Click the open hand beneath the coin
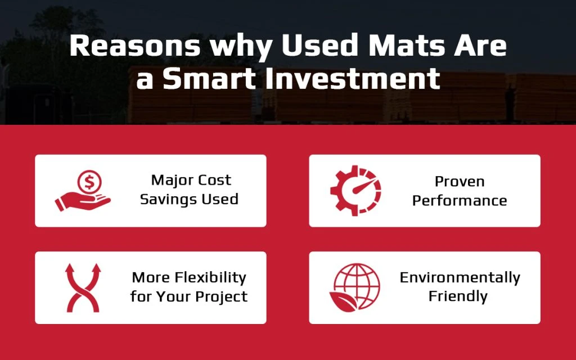(83, 202)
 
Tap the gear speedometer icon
(355, 191)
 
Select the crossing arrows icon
(83, 287)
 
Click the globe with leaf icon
(355, 287)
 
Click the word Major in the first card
(169, 181)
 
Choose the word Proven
(460, 182)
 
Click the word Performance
(460, 201)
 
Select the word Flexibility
(210, 277)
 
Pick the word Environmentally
(460, 277)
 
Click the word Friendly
(458, 296)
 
